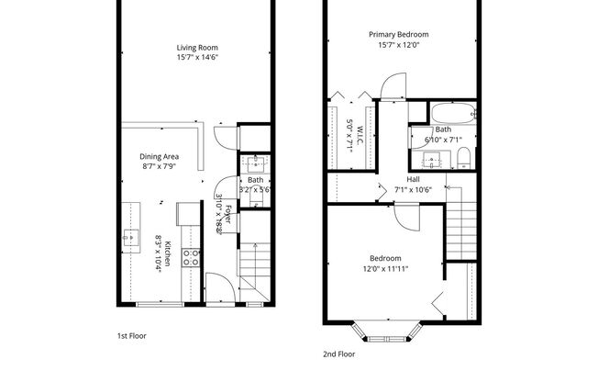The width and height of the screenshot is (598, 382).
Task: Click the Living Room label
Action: tap(197, 47)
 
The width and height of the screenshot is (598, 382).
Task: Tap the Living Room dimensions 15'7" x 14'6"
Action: tap(197, 58)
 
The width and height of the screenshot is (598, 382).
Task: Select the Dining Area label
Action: tap(158, 156)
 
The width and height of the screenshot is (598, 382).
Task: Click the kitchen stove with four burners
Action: tap(192, 258)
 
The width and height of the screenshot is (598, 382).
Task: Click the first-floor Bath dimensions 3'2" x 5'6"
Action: tap(255, 191)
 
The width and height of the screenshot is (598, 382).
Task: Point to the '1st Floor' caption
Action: tap(132, 336)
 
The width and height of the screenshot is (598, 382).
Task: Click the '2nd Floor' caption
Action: tap(338, 354)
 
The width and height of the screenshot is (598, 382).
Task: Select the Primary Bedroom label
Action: tap(399, 34)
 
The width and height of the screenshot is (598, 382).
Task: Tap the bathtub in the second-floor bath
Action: tap(452, 115)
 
